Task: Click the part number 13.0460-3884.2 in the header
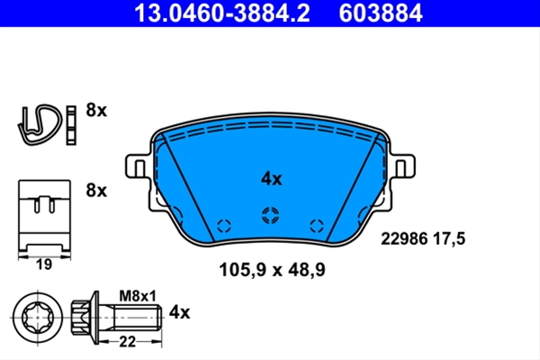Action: (222, 13)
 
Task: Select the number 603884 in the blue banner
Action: (381, 13)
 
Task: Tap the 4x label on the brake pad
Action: (272, 179)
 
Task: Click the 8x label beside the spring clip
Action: (96, 110)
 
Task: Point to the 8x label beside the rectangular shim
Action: (96, 190)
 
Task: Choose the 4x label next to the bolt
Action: (179, 312)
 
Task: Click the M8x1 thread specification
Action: (138, 296)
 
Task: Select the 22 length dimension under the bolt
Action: (128, 342)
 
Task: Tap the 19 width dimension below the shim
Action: (44, 265)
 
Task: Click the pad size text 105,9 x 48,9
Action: (272, 270)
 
